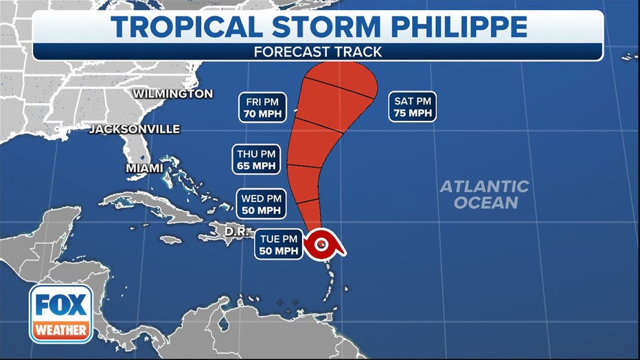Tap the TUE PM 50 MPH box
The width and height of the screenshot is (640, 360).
click(279, 245)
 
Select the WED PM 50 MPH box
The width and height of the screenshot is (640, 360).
click(261, 204)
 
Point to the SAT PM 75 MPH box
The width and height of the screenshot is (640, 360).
click(413, 107)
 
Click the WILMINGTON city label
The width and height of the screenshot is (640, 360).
click(172, 93)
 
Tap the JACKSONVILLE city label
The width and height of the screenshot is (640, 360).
click(135, 129)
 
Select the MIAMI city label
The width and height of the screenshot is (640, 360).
click(144, 168)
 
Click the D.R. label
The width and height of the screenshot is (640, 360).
click(236, 232)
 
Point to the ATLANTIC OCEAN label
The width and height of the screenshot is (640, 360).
click(485, 194)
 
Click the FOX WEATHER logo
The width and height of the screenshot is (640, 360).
click(60, 313)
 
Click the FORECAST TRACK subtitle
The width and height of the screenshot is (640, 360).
click(317, 52)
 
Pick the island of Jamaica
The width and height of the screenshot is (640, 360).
click(170, 240)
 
